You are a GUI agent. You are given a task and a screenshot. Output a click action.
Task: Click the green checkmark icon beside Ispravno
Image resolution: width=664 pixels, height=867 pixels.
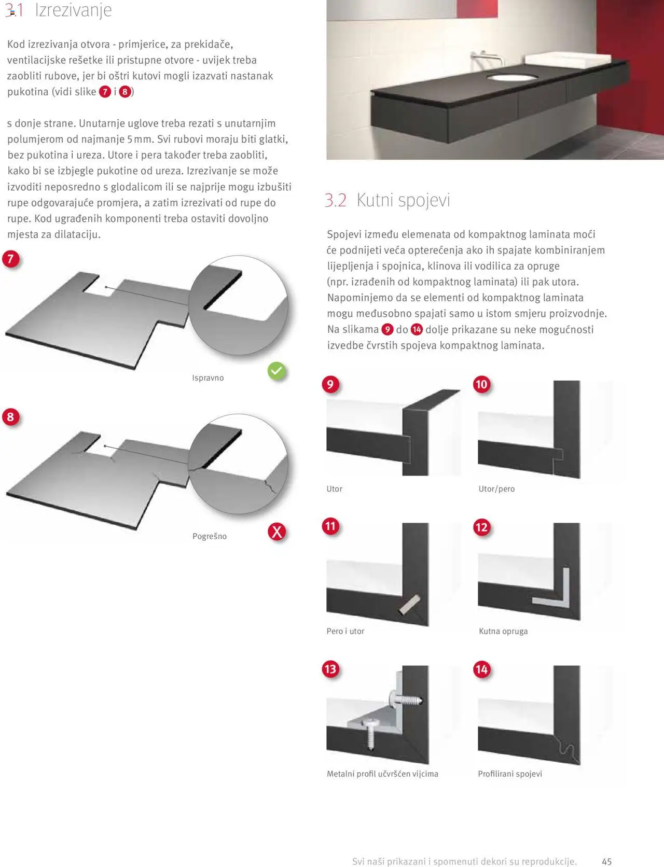tap(277, 371)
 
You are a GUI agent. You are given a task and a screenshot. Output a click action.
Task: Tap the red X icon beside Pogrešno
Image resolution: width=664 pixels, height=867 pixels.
tap(277, 532)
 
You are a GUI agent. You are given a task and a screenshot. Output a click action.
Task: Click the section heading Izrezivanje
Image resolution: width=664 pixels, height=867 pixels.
tap(73, 10)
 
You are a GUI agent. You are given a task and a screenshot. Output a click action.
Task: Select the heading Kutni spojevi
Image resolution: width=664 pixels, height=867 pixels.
tap(403, 200)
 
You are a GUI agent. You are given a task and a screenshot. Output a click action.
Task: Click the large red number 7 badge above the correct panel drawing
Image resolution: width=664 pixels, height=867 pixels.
tap(10, 259)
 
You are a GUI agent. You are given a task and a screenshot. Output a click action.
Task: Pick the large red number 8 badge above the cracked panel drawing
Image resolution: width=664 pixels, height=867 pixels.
tap(10, 417)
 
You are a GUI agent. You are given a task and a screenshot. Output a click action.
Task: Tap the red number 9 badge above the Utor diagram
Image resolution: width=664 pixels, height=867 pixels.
tap(330, 384)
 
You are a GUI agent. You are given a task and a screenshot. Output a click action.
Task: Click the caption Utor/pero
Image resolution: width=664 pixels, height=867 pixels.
tap(496, 489)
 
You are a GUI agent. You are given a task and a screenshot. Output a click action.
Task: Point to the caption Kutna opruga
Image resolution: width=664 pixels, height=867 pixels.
tap(503, 631)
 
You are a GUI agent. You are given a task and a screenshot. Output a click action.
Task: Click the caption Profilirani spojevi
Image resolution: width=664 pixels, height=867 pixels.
tap(510, 774)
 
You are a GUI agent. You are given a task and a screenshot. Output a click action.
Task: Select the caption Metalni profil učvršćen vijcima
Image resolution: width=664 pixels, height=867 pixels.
tap(382, 774)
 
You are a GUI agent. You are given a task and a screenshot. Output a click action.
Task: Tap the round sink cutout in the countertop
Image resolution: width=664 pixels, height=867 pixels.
tap(512, 78)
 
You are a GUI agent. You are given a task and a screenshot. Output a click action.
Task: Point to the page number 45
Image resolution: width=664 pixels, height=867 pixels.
tap(606, 861)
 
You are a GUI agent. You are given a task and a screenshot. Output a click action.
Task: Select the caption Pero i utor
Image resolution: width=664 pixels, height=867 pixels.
tap(345, 631)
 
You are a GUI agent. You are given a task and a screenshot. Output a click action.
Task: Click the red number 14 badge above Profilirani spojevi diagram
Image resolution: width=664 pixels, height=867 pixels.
tap(481, 669)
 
